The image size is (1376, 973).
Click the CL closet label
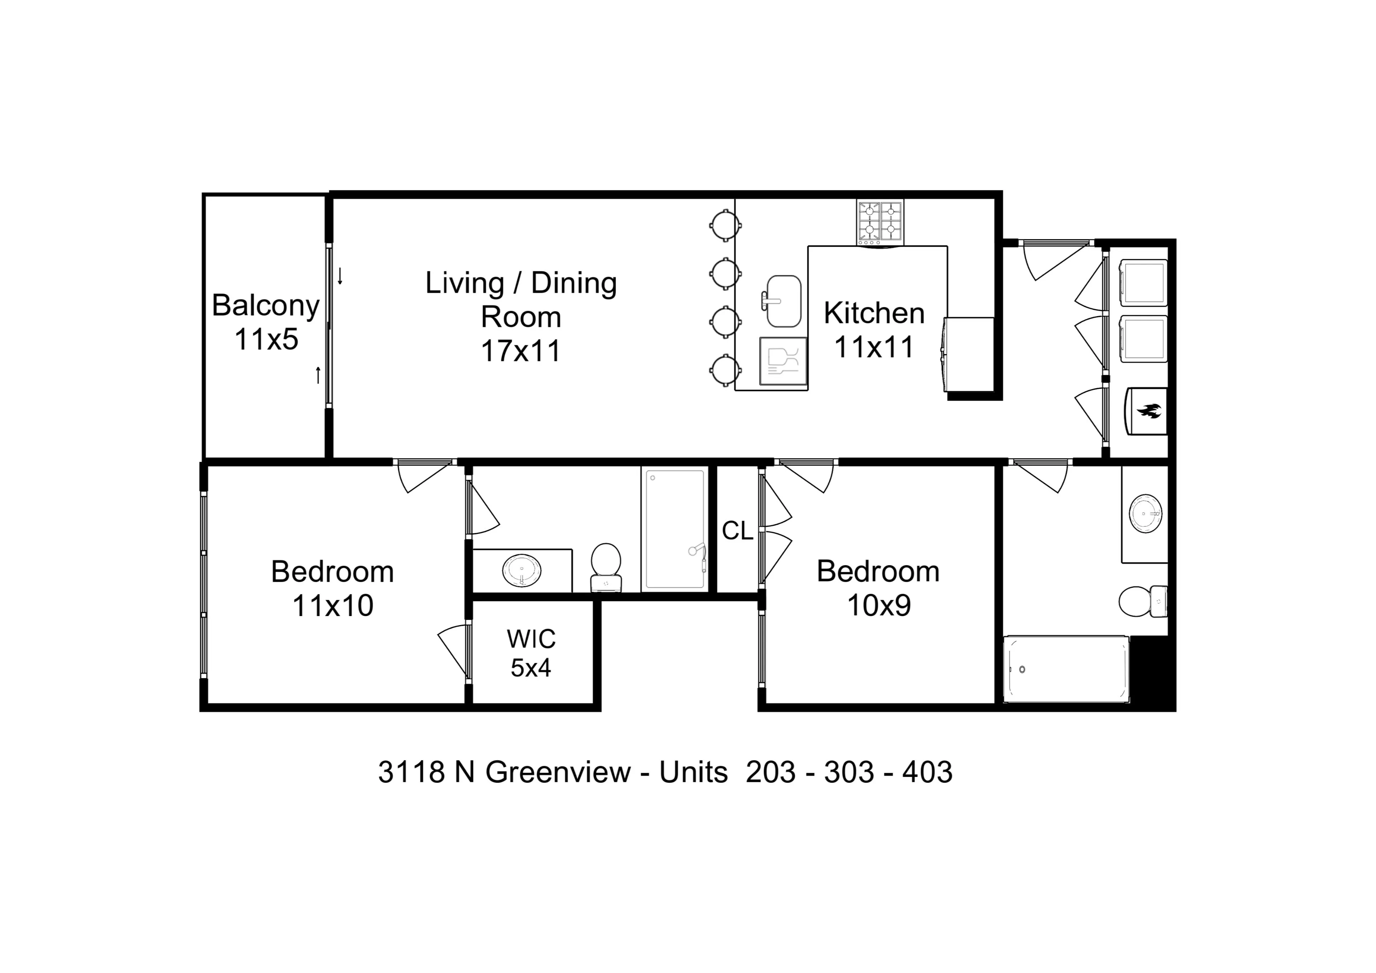click(737, 530)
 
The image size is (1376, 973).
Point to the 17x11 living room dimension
click(520, 351)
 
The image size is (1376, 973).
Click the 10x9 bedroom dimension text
click(879, 606)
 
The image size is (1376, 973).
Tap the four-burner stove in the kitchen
click(880, 223)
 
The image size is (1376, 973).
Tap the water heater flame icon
click(1148, 411)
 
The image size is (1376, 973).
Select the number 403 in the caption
click(927, 772)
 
